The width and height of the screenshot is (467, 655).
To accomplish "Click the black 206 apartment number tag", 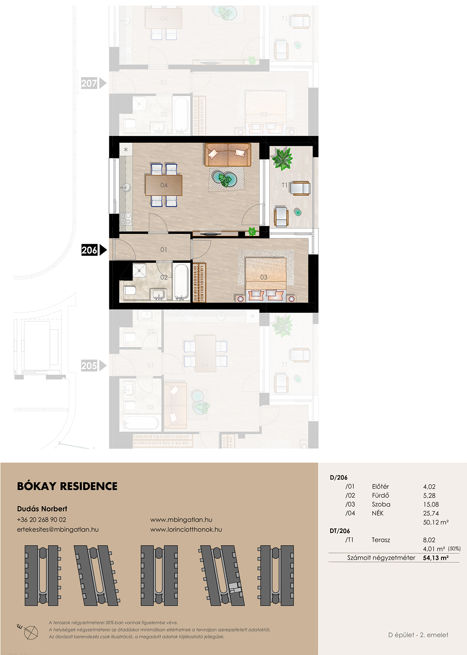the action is pyautogui.click(x=90, y=250).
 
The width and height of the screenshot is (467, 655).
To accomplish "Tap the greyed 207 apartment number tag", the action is pyautogui.click(x=90, y=83).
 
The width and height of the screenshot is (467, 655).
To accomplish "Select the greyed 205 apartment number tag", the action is pyautogui.click(x=90, y=366).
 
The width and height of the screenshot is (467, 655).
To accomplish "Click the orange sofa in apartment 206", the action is pyautogui.click(x=228, y=154).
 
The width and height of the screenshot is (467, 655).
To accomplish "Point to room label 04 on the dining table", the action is pyautogui.click(x=164, y=185).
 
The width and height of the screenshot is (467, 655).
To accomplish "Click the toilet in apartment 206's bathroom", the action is pyautogui.click(x=130, y=290).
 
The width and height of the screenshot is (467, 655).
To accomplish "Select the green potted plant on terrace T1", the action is pyautogui.click(x=282, y=159).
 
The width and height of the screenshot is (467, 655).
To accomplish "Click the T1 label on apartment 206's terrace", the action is pyautogui.click(x=284, y=185).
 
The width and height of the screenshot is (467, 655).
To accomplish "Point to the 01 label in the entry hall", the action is pyautogui.click(x=163, y=250).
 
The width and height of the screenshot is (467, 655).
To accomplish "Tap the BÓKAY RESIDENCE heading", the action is pyautogui.click(x=67, y=486).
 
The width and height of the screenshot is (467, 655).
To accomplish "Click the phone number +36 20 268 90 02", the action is pyautogui.click(x=41, y=520).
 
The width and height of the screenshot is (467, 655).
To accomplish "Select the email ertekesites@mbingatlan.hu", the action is pyautogui.click(x=58, y=530).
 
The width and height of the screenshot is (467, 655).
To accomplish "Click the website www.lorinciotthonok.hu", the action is pyautogui.click(x=186, y=530).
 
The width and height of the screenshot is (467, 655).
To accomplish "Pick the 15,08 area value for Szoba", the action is pyautogui.click(x=431, y=504).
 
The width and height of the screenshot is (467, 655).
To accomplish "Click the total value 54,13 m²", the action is pyautogui.click(x=436, y=558).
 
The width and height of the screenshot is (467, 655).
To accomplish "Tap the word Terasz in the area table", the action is pyautogui.click(x=381, y=540).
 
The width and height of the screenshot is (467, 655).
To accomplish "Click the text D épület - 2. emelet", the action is pyautogui.click(x=418, y=635).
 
